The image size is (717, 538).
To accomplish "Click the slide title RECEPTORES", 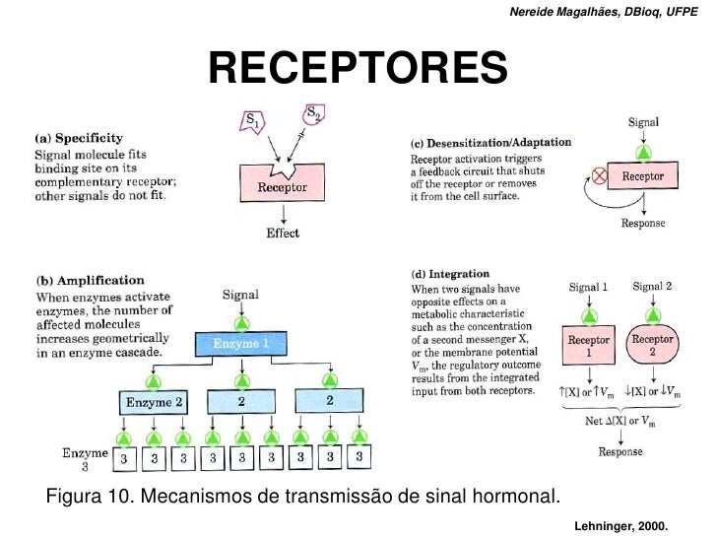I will click(x=358, y=68).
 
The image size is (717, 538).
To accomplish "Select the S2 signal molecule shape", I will click(x=311, y=115).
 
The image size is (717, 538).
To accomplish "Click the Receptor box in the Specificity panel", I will click(x=283, y=186).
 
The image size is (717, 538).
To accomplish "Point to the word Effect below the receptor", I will click(x=283, y=234).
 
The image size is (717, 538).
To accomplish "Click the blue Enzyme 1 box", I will click(x=241, y=344).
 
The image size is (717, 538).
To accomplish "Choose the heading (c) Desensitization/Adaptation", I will click(x=489, y=143).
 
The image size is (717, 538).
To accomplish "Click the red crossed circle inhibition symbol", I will click(x=596, y=178).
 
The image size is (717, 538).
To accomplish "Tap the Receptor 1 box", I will click(x=588, y=345).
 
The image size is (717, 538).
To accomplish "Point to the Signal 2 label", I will click(x=651, y=286).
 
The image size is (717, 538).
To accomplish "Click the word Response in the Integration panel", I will click(x=620, y=452).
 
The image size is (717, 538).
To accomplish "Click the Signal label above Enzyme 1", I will click(x=241, y=294).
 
